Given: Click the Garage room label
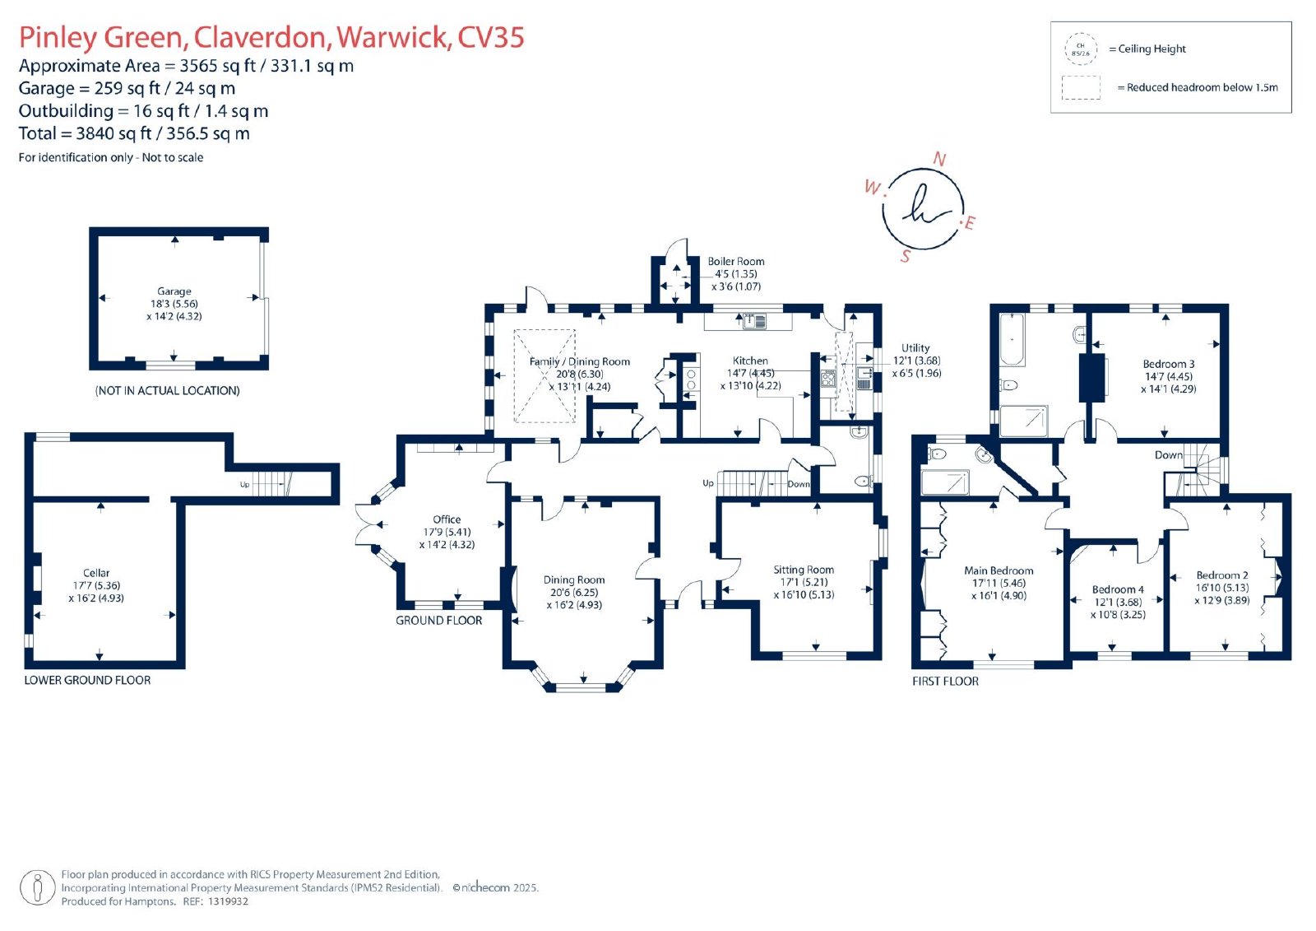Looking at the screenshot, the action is pos(174,291).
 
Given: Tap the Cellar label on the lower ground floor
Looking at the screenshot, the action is pos(95,573).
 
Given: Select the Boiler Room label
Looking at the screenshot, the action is pos(735,261).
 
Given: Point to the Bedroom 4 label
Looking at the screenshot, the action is pos(1118,589).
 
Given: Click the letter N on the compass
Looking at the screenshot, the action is pos(939,159).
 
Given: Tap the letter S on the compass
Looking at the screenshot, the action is pos(906,256).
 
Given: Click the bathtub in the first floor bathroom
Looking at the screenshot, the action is pos(1012,339).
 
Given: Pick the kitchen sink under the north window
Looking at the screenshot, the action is pos(754,321).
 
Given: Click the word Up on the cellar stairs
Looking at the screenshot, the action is pos(244,485).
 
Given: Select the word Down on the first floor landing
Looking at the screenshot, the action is pos(1168,454).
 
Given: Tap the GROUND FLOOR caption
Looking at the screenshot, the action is pos(438,621).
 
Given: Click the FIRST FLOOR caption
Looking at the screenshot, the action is pos(945,681).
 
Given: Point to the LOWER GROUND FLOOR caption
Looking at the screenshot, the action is pos(87,680).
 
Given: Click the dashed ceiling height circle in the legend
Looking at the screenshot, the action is pos(1081,49).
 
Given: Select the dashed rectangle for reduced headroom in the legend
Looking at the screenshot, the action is pos(1081,87).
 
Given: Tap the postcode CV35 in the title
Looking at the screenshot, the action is pos(490,37).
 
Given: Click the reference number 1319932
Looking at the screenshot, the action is pos(228,901).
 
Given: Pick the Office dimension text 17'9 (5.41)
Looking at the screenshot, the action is pos(447,532).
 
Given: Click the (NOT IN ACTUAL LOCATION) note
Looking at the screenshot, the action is pos(168,390).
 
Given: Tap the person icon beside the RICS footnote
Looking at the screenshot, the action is pos(38,887).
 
